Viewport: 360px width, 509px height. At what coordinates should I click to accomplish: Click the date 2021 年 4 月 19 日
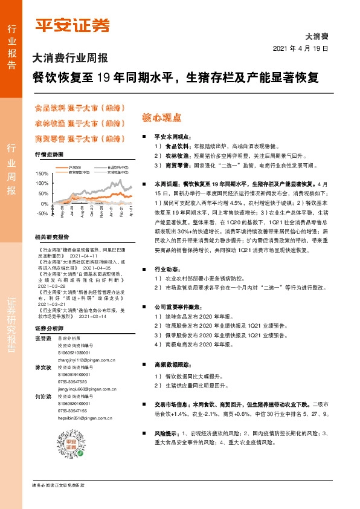[300, 48]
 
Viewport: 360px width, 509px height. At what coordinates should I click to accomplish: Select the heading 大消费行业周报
[69, 59]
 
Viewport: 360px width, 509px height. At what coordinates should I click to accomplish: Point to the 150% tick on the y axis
[42, 173]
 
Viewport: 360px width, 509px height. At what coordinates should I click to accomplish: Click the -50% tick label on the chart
[42, 213]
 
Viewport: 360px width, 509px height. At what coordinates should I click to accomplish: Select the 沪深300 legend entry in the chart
[75, 166]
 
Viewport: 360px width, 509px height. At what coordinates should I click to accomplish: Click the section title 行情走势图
[49, 155]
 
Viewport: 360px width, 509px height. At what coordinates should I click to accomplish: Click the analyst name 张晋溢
[43, 339]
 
